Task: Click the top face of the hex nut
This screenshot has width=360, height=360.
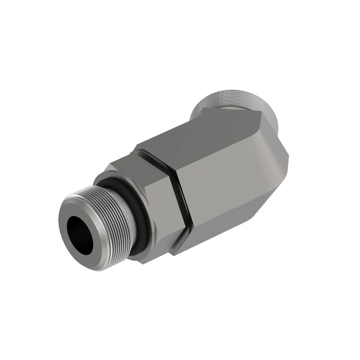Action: [133, 163]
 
